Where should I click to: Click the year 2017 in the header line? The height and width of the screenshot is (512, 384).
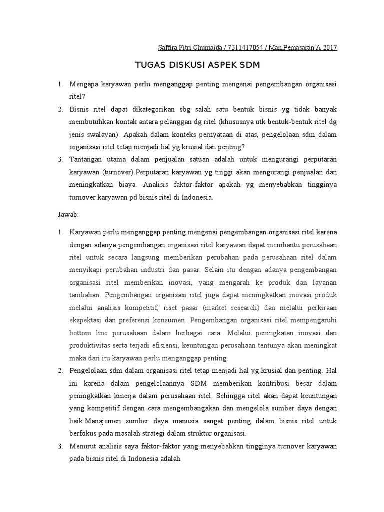[x=329, y=48]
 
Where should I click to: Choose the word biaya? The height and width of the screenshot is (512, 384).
[x=129, y=185]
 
